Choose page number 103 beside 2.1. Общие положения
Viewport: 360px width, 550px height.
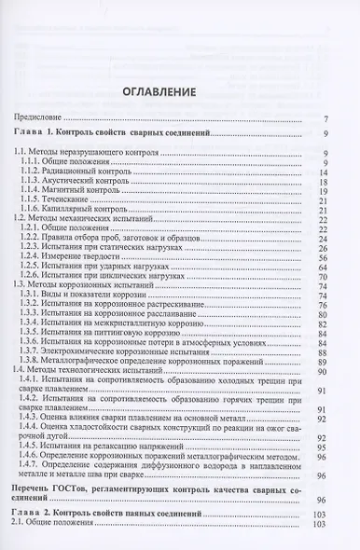click(x=319, y=526)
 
